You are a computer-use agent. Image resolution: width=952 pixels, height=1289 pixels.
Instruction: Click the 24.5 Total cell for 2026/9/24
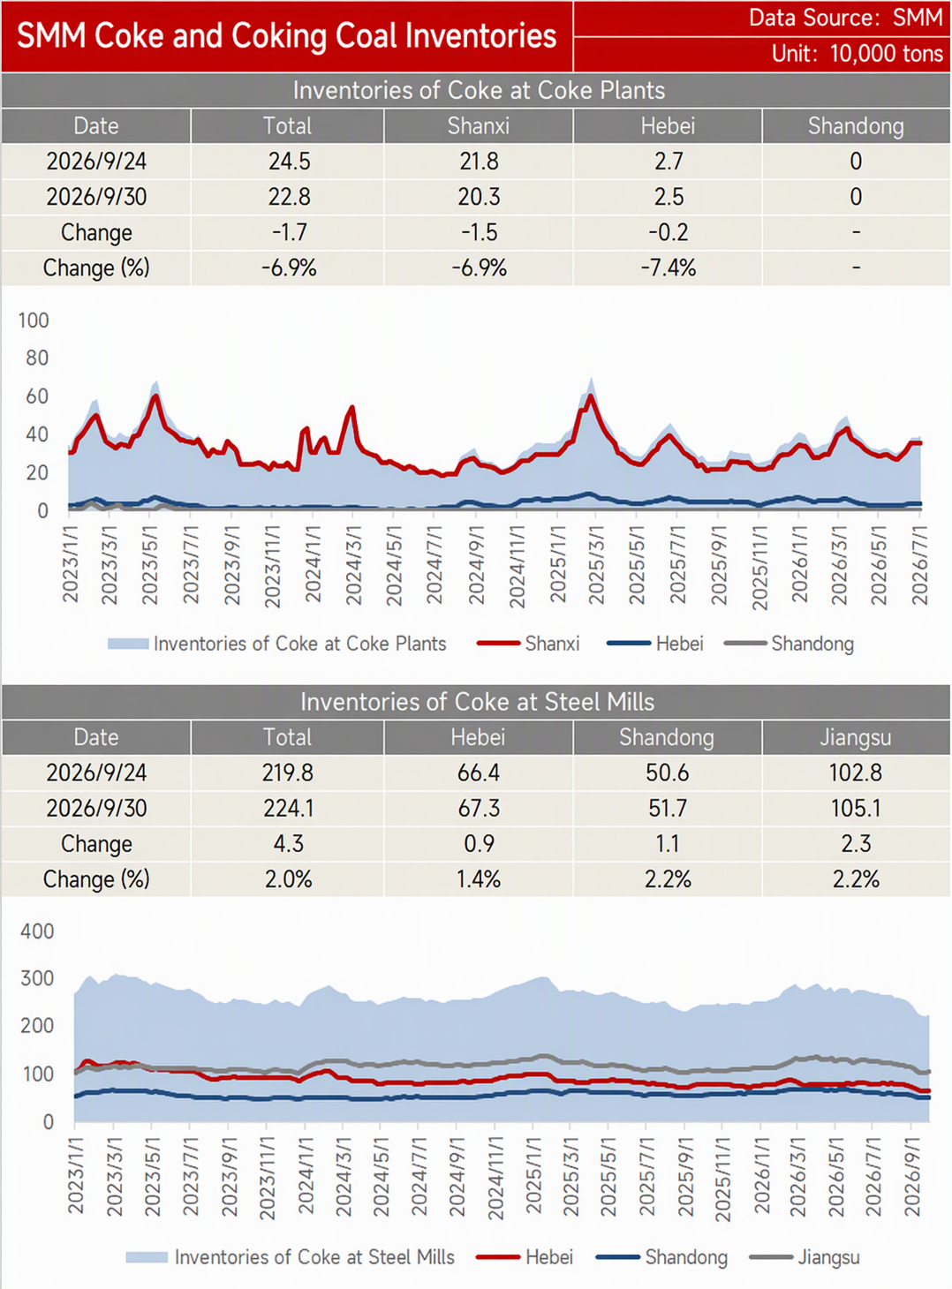point(289,161)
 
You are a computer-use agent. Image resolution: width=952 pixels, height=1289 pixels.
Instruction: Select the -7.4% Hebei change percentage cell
point(669,268)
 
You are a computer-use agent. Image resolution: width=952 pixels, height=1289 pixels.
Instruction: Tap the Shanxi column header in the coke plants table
point(478,125)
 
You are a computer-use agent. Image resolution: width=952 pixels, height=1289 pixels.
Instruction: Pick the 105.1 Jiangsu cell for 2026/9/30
point(856,808)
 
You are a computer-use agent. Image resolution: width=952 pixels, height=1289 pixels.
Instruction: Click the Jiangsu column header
point(856,737)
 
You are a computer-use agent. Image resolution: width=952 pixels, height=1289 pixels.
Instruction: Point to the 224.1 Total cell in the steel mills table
point(289,808)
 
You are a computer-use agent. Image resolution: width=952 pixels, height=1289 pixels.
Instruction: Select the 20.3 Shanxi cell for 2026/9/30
point(479,196)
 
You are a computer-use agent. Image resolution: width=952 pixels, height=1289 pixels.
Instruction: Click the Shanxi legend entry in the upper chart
point(528,644)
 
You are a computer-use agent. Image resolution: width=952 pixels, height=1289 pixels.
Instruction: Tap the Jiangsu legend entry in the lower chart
point(805,1257)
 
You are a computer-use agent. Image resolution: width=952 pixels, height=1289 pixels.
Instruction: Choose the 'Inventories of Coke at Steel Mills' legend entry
point(291,1257)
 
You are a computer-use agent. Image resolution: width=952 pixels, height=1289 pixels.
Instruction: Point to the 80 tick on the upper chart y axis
point(36,358)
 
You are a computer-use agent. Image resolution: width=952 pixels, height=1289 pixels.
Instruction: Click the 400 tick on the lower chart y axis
point(36,931)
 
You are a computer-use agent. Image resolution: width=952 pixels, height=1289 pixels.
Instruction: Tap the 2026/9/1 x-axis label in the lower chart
point(913,1177)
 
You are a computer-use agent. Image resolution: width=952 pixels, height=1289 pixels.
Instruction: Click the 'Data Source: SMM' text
point(845,18)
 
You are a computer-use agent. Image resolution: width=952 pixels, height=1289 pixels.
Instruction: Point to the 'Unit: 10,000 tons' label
point(858,54)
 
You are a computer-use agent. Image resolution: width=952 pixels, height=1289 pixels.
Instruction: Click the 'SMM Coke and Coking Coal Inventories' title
point(287,35)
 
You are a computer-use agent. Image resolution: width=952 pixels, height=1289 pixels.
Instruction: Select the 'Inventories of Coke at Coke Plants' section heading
point(479,90)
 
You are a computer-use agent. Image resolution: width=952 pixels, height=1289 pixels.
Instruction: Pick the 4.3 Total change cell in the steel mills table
point(289,843)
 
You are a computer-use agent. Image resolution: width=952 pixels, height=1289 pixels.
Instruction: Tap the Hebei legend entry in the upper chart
point(654,644)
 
